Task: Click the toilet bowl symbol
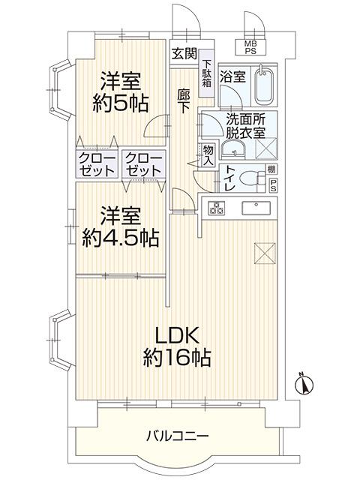coord(256,180)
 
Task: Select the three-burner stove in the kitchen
coord(218,208)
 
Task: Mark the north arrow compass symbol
coord(304,383)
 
